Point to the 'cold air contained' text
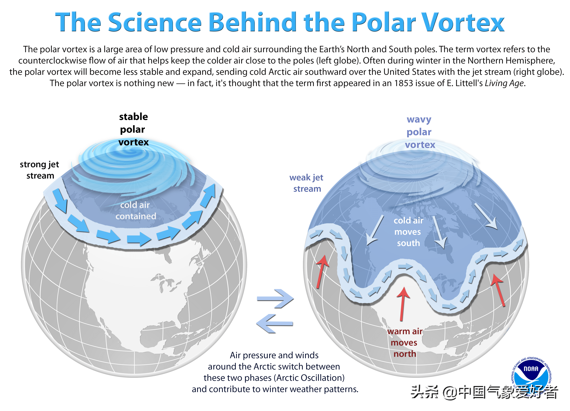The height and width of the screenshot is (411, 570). click(x=136, y=210)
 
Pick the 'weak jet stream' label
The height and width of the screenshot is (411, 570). click(x=306, y=183)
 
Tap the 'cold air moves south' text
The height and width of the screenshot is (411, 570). click(x=408, y=232)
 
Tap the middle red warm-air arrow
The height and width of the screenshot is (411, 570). click(x=403, y=304)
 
